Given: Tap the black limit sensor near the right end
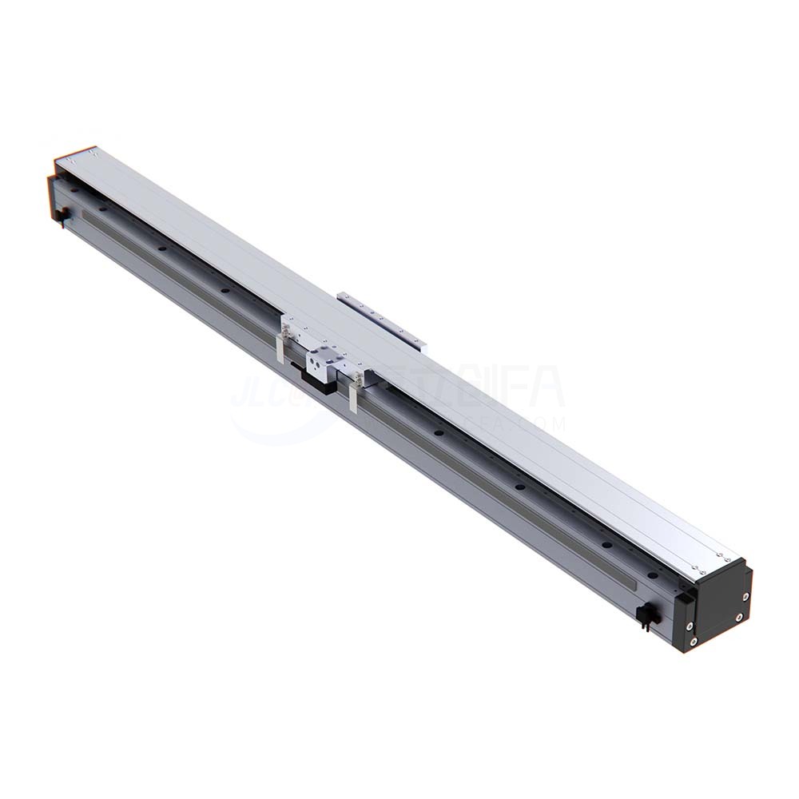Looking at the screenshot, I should pos(646,616).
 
